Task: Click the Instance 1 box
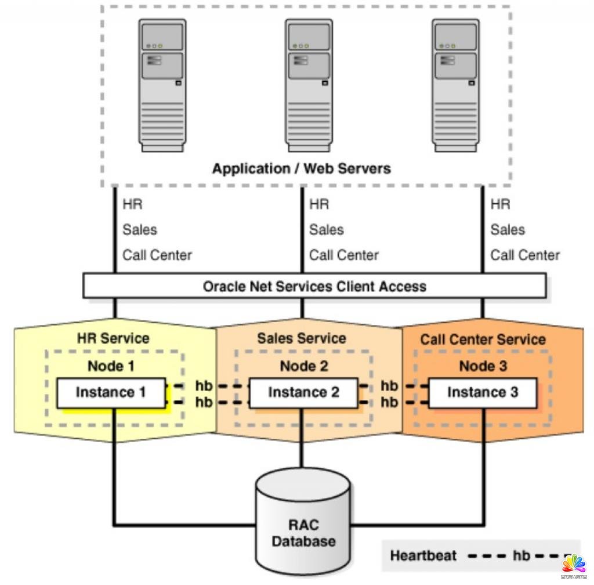tap(110, 393)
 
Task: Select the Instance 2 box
tap(303, 393)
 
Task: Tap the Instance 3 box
tap(483, 393)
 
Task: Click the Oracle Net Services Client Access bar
tap(314, 286)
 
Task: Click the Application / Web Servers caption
tap(301, 169)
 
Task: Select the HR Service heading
tap(113, 338)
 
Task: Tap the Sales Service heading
tap(302, 338)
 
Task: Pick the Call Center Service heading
tap(483, 340)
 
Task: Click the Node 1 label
tap(111, 366)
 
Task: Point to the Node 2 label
tap(303, 366)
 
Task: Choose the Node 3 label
tap(483, 366)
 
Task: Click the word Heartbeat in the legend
tap(423, 555)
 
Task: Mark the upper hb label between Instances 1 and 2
tap(204, 386)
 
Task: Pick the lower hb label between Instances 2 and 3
tap(389, 402)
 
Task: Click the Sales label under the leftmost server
tap(140, 230)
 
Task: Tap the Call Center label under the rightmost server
tap(525, 255)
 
